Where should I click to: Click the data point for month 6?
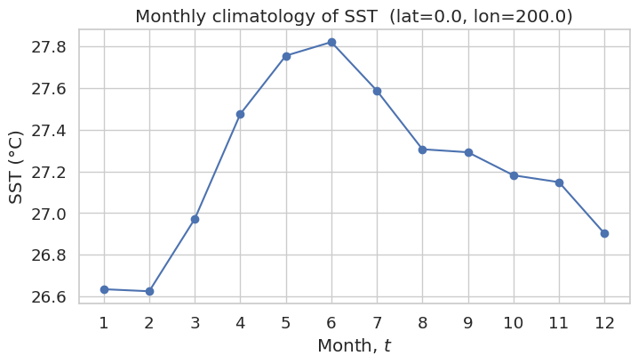click(331, 43)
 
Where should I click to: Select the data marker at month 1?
click(104, 289)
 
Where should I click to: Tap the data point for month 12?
click(604, 233)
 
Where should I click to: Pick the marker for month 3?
click(195, 219)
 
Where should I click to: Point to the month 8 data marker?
click(422, 150)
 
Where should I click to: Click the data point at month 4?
click(241, 115)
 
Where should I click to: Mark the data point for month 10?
click(514, 175)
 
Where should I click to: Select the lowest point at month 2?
click(150, 291)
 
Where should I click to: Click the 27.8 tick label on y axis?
click(48, 47)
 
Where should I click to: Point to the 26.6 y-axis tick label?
click(48, 297)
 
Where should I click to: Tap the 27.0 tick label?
click(48, 214)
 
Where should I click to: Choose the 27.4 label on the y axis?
click(48, 131)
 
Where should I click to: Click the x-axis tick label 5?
click(286, 323)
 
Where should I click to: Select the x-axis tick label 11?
click(559, 323)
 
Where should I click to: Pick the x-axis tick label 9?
click(468, 323)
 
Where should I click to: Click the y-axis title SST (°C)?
click(15, 167)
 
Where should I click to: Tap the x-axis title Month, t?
click(354, 345)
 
